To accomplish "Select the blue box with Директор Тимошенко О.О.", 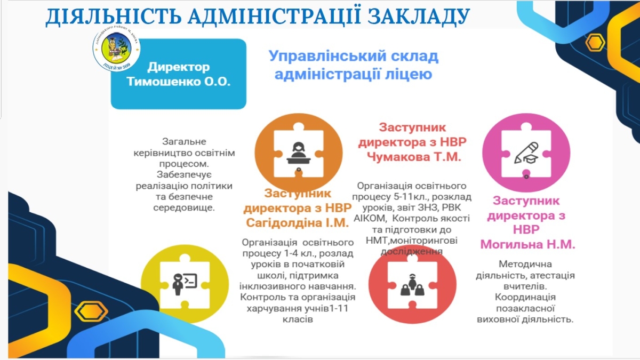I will tap(178, 75).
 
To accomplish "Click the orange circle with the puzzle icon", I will tap(291, 151).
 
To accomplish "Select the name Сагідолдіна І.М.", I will tap(297, 221).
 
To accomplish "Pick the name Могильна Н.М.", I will tap(528, 244).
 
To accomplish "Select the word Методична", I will tap(525, 265).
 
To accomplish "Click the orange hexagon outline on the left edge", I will tap(91, 312).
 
